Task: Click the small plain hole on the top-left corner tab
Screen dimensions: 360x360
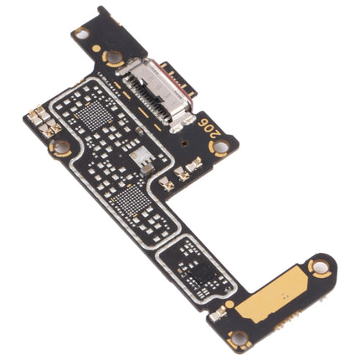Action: pos(80,33)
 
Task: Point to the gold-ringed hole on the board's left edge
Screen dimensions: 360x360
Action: pos(59,148)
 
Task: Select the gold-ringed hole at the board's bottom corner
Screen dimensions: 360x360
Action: pos(239,338)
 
